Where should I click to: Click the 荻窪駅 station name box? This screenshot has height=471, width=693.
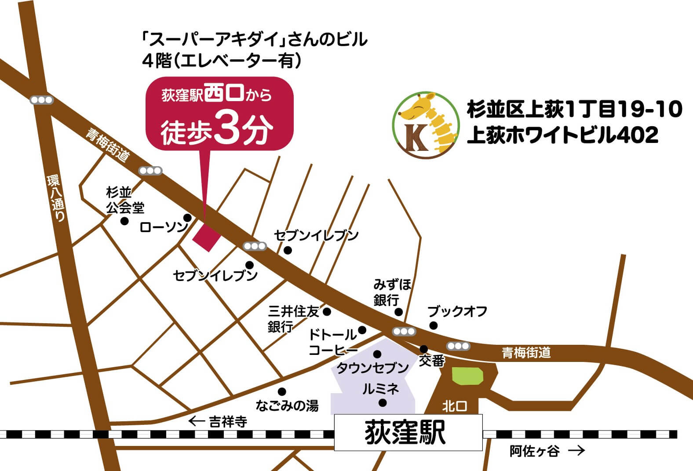point(408,432)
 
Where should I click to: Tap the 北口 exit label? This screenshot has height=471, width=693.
point(455,406)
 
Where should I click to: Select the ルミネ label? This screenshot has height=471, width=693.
point(380,389)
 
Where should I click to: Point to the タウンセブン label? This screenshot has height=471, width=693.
point(372,368)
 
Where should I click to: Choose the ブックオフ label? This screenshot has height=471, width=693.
point(457,311)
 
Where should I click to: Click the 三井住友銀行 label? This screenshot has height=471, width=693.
point(292,319)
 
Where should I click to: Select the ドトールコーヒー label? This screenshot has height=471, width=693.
point(333,342)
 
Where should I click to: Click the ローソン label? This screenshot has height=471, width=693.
point(164,227)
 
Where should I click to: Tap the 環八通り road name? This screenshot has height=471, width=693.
point(56,198)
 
